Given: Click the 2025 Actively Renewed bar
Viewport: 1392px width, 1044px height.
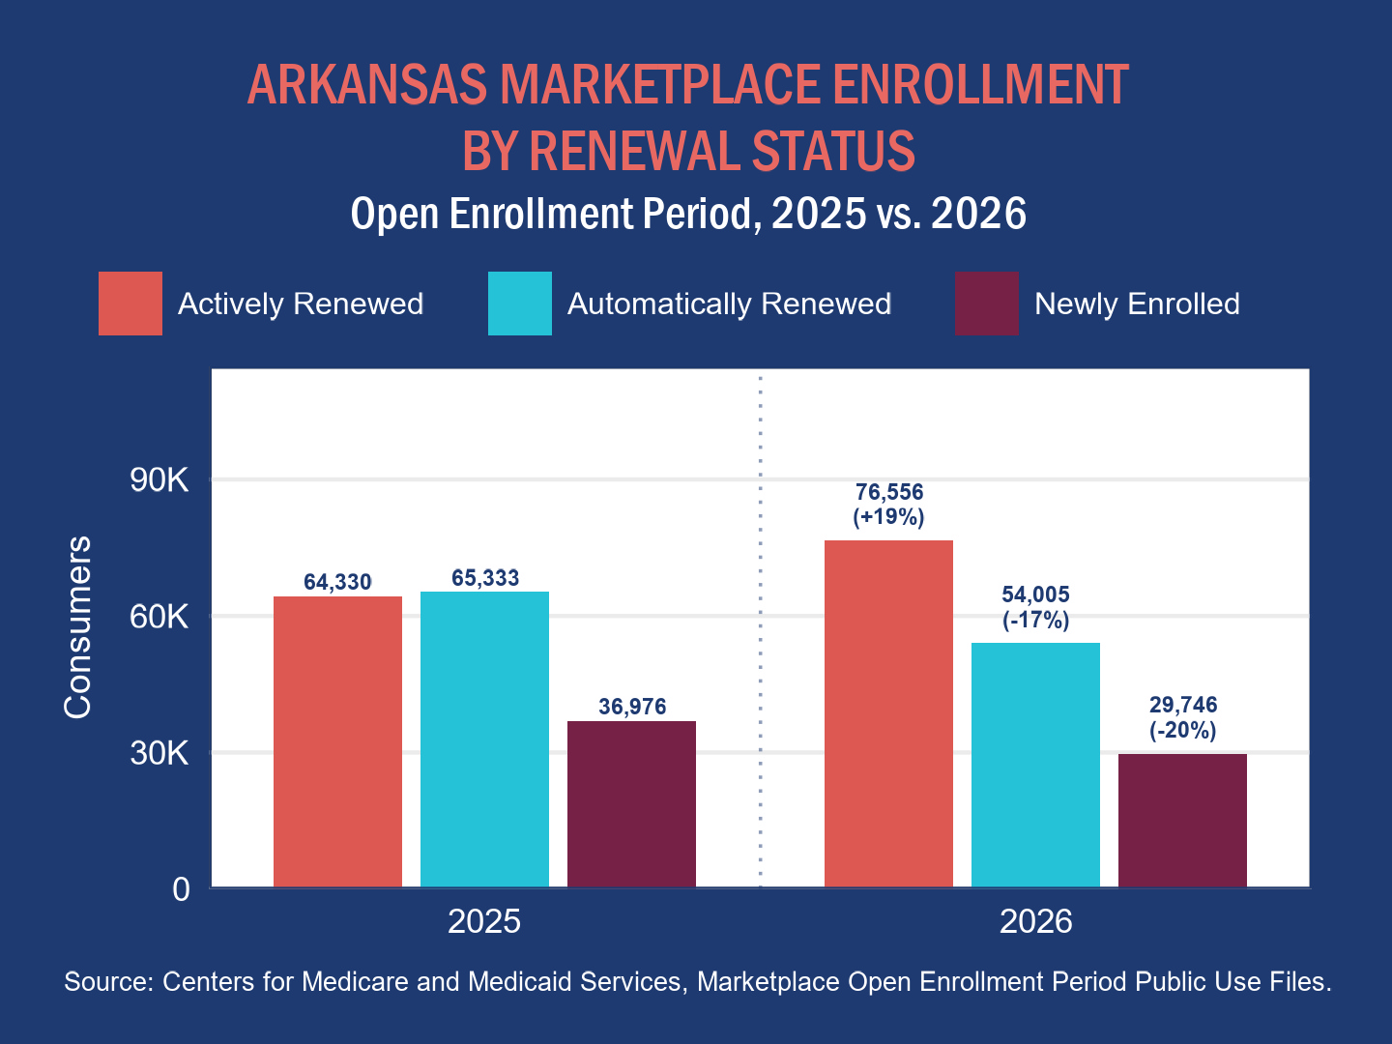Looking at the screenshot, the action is click(x=337, y=741).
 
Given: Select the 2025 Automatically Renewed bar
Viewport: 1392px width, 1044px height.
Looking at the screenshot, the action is click(x=484, y=739).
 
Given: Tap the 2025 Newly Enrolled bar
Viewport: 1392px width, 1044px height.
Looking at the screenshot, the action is click(x=631, y=803).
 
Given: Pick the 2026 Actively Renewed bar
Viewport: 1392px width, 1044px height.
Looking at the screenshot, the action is click(x=888, y=713).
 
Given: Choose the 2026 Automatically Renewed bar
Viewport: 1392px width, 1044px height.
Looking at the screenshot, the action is click(x=1035, y=765).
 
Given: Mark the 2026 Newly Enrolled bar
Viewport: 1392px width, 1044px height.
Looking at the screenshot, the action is click(x=1183, y=821).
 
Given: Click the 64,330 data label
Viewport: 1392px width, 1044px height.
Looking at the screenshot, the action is click(x=337, y=582).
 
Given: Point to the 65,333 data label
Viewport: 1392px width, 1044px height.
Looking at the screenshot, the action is click(x=485, y=577).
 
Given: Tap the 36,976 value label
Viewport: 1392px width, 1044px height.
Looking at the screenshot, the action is click(x=632, y=706).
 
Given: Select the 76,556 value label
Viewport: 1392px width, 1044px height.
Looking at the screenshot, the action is click(x=889, y=492).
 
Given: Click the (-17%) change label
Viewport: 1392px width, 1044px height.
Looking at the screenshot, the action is click(x=1035, y=620).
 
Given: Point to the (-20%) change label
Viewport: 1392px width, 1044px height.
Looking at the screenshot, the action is click(x=1183, y=730).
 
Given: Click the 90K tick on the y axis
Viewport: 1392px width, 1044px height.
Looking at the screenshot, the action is click(x=159, y=479).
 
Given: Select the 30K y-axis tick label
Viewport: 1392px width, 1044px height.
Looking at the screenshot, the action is click(x=159, y=753).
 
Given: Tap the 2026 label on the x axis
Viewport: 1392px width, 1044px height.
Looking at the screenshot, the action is click(x=1035, y=921).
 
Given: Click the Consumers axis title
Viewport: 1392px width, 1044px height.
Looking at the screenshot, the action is click(x=78, y=627).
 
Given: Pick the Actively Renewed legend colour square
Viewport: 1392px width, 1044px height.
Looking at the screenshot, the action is click(x=130, y=304).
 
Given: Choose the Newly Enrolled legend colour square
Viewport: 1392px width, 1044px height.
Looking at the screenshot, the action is click(x=987, y=304).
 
